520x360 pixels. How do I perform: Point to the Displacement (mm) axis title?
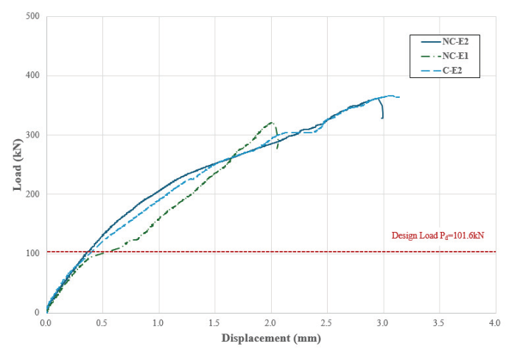pyautogui.click(x=271, y=340)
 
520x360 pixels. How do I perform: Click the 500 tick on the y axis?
pyautogui.click(x=32, y=16)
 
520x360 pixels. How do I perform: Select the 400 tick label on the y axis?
pyautogui.click(x=32, y=76)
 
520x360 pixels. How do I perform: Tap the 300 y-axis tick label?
pyautogui.click(x=32, y=135)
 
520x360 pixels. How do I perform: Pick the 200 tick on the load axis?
pyautogui.click(x=32, y=194)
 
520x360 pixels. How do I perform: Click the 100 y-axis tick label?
pyautogui.click(x=32, y=253)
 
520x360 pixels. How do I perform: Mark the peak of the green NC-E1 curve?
pyautogui.click(x=272, y=122)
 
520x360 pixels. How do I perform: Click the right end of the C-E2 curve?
pyautogui.click(x=399, y=97)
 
